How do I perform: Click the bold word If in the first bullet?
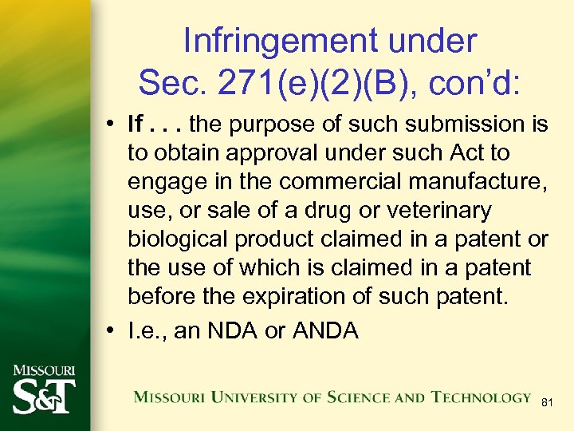click(137, 124)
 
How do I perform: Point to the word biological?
click(179, 240)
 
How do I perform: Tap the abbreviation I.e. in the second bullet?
click(147, 330)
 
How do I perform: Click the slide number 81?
click(547, 403)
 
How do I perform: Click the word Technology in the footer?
click(482, 397)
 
